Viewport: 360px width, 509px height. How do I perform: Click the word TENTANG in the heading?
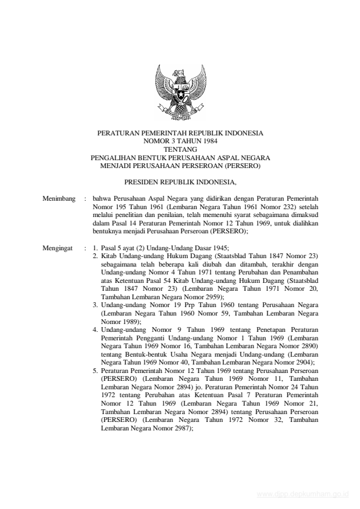tap(180, 148)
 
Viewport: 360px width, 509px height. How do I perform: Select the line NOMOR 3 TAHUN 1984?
tap(180, 140)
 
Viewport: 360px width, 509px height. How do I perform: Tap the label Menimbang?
tap(57, 198)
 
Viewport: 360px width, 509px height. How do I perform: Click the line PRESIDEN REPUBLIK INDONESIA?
tap(180, 181)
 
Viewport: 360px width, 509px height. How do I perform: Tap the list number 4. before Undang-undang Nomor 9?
tap(96, 329)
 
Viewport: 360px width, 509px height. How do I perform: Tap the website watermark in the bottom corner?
tap(303, 494)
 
